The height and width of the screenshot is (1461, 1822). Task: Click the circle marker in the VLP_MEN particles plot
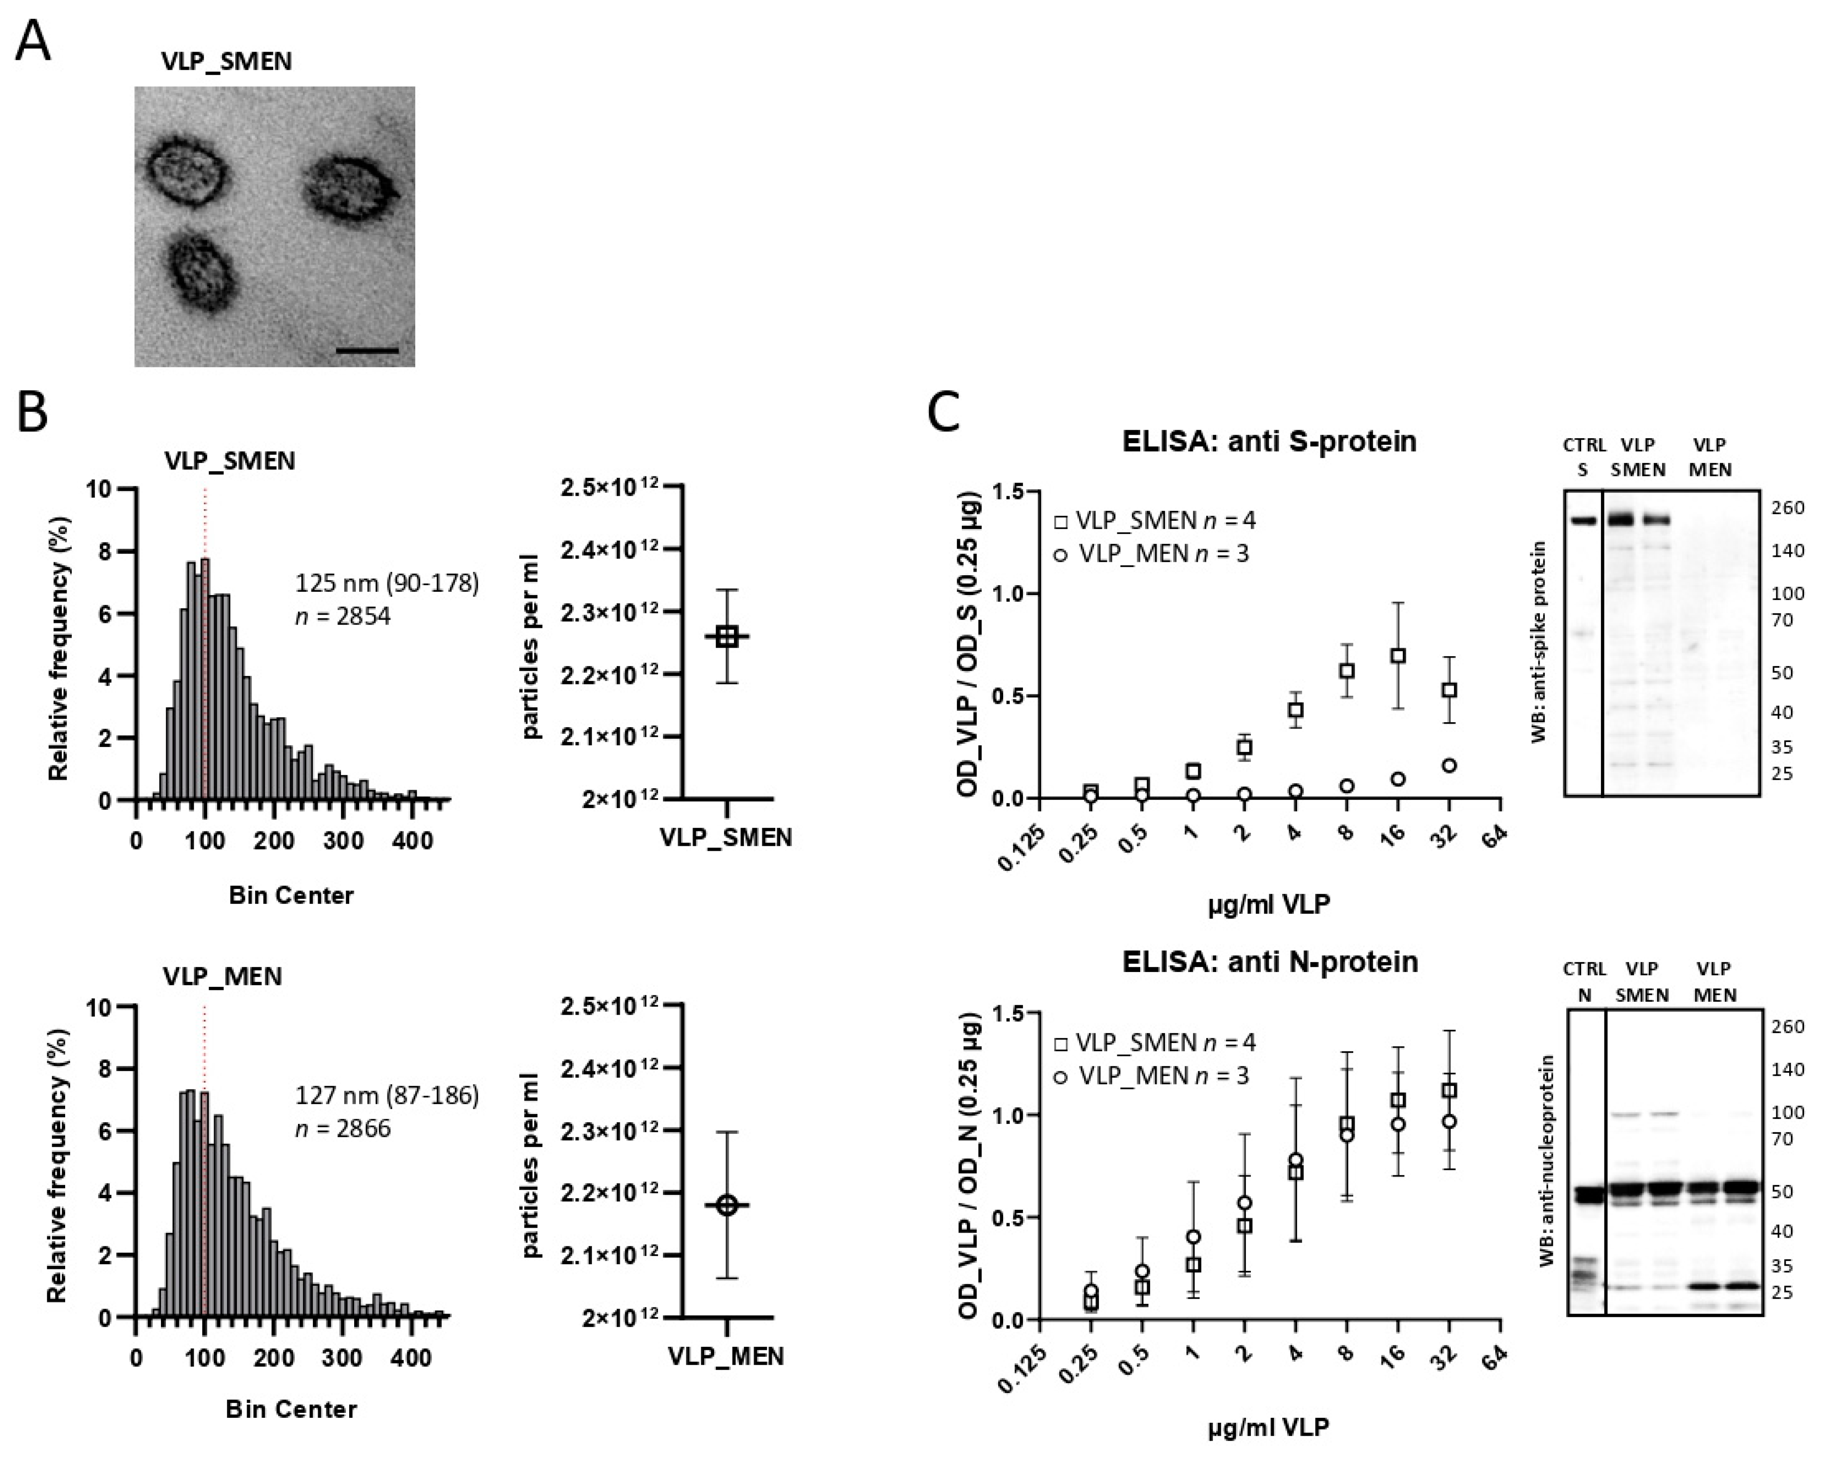point(727,1206)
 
